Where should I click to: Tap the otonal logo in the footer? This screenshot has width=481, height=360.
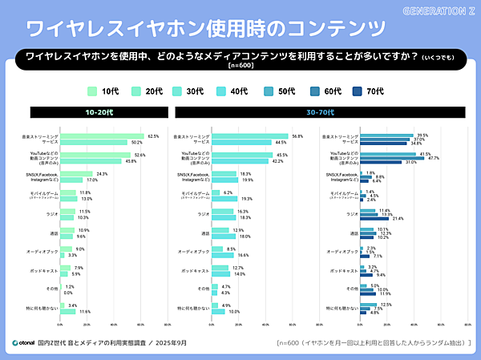coord(28,343)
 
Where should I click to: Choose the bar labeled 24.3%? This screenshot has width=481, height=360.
coord(77,174)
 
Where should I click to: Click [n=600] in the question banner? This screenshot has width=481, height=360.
coord(240,66)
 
